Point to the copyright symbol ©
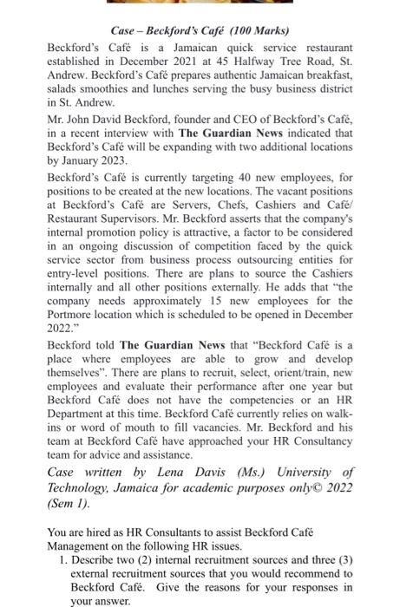[311, 487]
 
